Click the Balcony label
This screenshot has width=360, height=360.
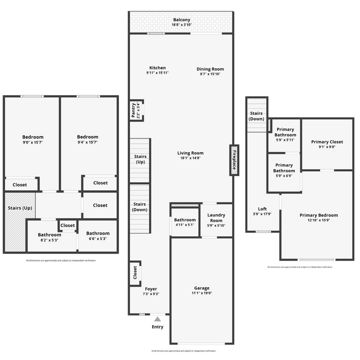(x=181, y=20)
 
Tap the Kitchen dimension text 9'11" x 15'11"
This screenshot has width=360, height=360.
(x=157, y=73)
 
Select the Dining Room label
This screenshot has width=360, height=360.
(x=210, y=69)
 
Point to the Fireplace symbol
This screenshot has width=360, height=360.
(x=234, y=160)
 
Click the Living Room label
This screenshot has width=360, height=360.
(x=190, y=153)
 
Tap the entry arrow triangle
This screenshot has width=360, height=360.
(x=157, y=319)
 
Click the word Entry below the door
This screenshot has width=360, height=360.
(x=157, y=327)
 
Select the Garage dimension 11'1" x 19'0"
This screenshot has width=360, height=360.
(x=202, y=293)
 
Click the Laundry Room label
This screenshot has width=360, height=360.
(x=216, y=218)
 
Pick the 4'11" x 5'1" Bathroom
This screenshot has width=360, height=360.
(x=185, y=222)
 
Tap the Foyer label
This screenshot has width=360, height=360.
(x=151, y=289)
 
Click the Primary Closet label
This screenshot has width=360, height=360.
(x=327, y=142)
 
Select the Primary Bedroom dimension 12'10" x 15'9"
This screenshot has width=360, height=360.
(x=318, y=221)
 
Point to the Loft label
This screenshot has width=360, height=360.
(x=262, y=209)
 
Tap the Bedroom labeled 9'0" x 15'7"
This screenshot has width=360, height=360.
(x=33, y=139)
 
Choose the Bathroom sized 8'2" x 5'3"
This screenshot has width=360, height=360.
(x=49, y=237)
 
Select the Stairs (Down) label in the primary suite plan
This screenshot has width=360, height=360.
(x=256, y=116)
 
